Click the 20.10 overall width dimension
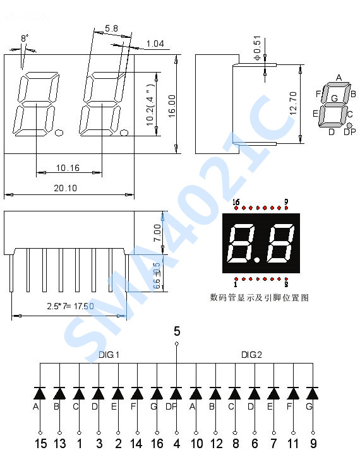66,188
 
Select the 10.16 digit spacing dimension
68,167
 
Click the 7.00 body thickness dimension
158,232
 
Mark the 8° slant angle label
25,38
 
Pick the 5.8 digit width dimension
111,28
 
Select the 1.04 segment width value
155,44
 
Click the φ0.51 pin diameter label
257,49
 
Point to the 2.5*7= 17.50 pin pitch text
70,306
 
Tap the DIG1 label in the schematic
109,355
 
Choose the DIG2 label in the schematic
251,355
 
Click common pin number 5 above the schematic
177,331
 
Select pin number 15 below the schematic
40,444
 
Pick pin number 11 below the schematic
293,444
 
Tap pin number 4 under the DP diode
176,444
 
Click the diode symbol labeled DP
176,393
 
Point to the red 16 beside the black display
236,203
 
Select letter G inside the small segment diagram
334,98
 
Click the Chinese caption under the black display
260,297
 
